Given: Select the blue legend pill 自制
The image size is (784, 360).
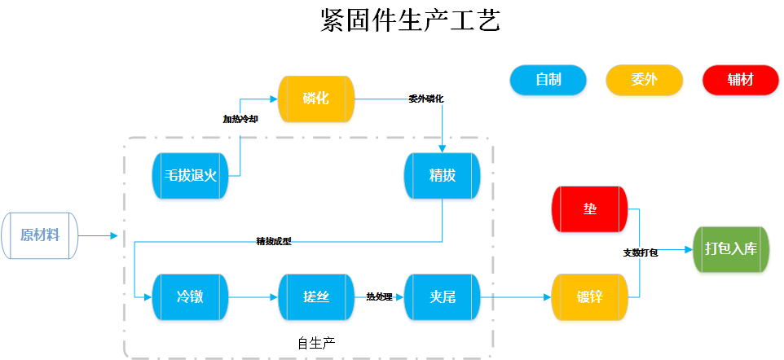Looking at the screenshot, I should point(548,80).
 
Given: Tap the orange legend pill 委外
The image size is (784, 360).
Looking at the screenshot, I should point(644,80).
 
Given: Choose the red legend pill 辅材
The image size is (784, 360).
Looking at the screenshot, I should point(740,80).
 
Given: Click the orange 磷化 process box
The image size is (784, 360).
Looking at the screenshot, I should point(316,99).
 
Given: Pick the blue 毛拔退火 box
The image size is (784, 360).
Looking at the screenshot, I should point(190,176).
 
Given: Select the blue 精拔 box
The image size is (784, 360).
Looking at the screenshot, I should point(442,176).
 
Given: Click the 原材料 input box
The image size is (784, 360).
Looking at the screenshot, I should point(40,236).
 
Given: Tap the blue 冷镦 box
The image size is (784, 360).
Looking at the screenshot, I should point(190,297).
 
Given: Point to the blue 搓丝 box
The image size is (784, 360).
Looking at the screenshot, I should point(316,297).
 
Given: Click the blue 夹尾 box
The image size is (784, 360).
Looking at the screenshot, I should point(442,297).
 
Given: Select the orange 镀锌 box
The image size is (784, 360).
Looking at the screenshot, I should point(590,297).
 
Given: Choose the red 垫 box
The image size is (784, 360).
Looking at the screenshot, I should point(590,209).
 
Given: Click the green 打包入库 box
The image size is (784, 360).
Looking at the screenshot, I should point(730,249).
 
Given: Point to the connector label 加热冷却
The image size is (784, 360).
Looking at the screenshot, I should point(240,119).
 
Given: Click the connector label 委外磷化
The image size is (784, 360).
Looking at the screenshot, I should point(426,99).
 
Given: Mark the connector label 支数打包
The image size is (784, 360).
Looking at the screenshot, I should point(641,253).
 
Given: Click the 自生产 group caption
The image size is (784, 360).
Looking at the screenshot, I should point(316,342).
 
